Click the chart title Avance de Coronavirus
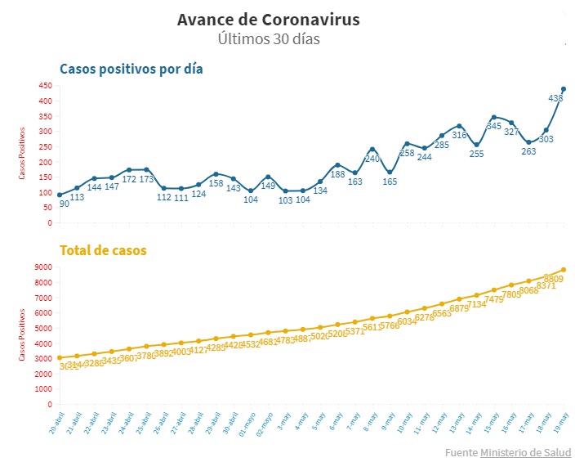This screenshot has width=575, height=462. pos(268,19)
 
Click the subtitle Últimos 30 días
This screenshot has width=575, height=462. pos(268,38)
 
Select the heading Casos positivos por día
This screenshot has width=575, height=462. pos(131,69)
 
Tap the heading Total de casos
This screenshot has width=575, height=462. pos(103,250)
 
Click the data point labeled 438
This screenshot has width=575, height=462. pos(564,89)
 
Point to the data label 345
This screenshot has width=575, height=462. pos(494,126)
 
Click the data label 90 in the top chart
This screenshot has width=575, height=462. pos(65,203)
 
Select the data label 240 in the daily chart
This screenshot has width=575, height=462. pos(372,159)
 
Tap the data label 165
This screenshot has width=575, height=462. pos(390,182)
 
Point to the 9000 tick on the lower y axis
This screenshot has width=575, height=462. pos(42,267)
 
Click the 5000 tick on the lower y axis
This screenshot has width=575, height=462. pos(42,328)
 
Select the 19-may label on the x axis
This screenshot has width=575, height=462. pos(561,423)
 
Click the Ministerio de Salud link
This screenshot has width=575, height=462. pos(525,452)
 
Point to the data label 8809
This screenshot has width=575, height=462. pos(553,279)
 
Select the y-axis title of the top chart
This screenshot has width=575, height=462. pos(23,153)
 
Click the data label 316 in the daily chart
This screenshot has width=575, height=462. pos(459,135)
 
